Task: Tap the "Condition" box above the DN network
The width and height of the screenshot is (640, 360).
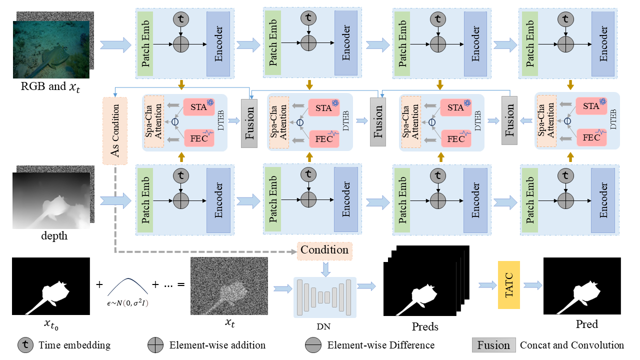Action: pos(324,249)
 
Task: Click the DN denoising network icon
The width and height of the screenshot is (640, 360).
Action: pos(324,297)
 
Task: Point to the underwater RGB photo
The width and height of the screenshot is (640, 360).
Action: pos(51,48)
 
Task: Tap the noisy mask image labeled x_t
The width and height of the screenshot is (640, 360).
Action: pos(229,286)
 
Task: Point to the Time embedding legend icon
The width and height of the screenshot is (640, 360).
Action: pos(25,345)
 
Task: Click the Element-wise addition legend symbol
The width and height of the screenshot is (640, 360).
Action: pos(155,345)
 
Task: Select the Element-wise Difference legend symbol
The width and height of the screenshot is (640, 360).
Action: pos(313,345)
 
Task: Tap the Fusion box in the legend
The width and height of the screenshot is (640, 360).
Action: pos(493,345)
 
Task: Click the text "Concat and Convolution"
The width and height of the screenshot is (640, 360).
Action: pos(572,345)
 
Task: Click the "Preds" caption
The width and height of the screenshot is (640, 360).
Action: pos(424,327)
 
